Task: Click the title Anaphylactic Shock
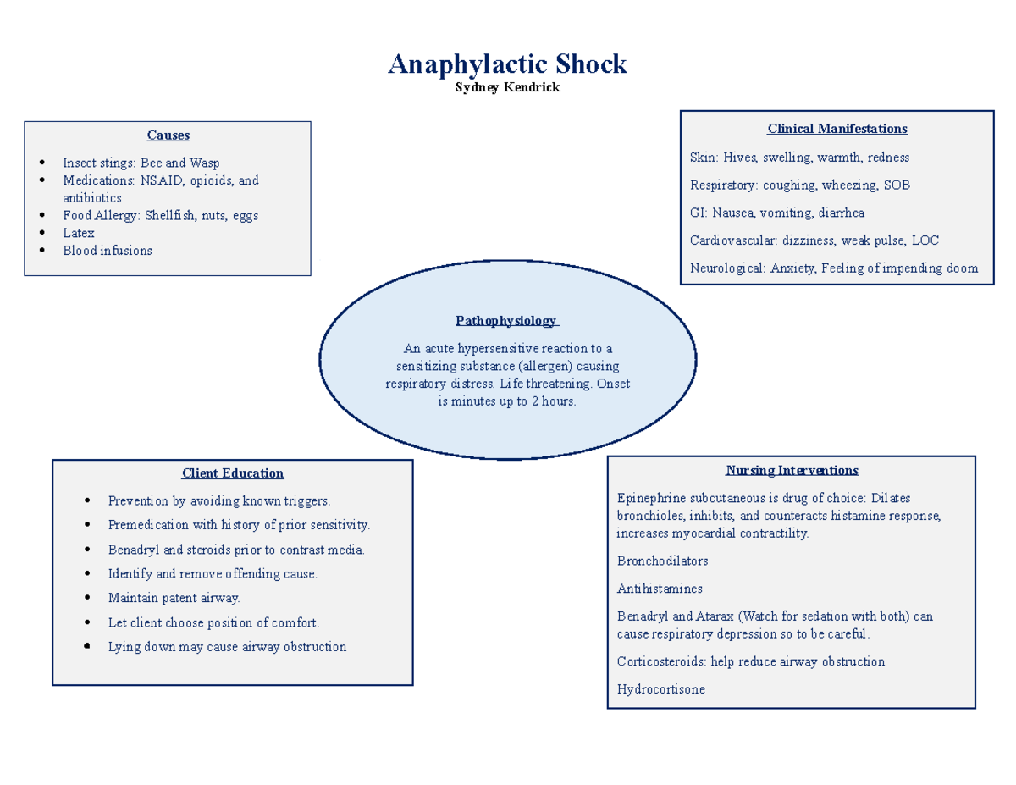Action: click(x=507, y=64)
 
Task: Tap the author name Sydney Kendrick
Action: click(x=507, y=88)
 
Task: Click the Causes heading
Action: click(x=168, y=135)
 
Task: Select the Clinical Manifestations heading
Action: click(x=837, y=129)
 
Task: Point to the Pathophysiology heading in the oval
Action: click(x=506, y=321)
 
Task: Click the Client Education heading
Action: click(x=233, y=473)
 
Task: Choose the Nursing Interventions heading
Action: click(x=792, y=471)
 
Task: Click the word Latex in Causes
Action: click(x=79, y=233)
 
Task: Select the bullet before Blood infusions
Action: click(x=41, y=251)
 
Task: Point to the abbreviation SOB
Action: click(x=897, y=185)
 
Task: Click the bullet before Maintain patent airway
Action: click(x=88, y=599)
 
